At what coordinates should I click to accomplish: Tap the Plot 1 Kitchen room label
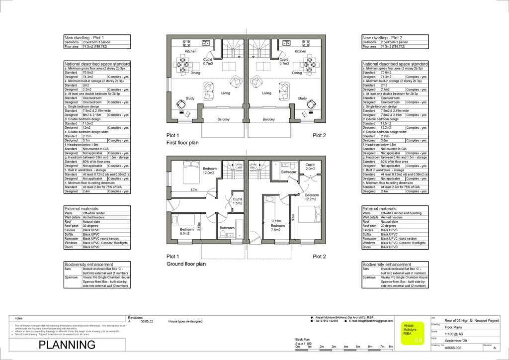[191, 51]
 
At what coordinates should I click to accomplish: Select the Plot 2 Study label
[302, 98]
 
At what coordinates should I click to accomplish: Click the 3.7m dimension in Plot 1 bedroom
[194, 190]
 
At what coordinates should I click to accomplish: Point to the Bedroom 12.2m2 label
[312, 197]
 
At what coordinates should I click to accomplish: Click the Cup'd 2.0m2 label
[310, 167]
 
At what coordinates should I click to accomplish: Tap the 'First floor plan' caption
[182, 143]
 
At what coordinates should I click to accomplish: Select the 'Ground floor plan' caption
[186, 264]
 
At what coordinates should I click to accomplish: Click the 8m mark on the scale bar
[391, 346]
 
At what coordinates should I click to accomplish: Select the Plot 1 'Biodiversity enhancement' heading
[88, 265]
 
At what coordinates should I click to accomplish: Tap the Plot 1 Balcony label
[224, 119]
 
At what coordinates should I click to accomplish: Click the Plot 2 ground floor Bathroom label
[289, 172]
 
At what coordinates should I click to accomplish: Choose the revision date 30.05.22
[146, 322]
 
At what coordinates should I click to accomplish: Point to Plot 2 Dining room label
[297, 73]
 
